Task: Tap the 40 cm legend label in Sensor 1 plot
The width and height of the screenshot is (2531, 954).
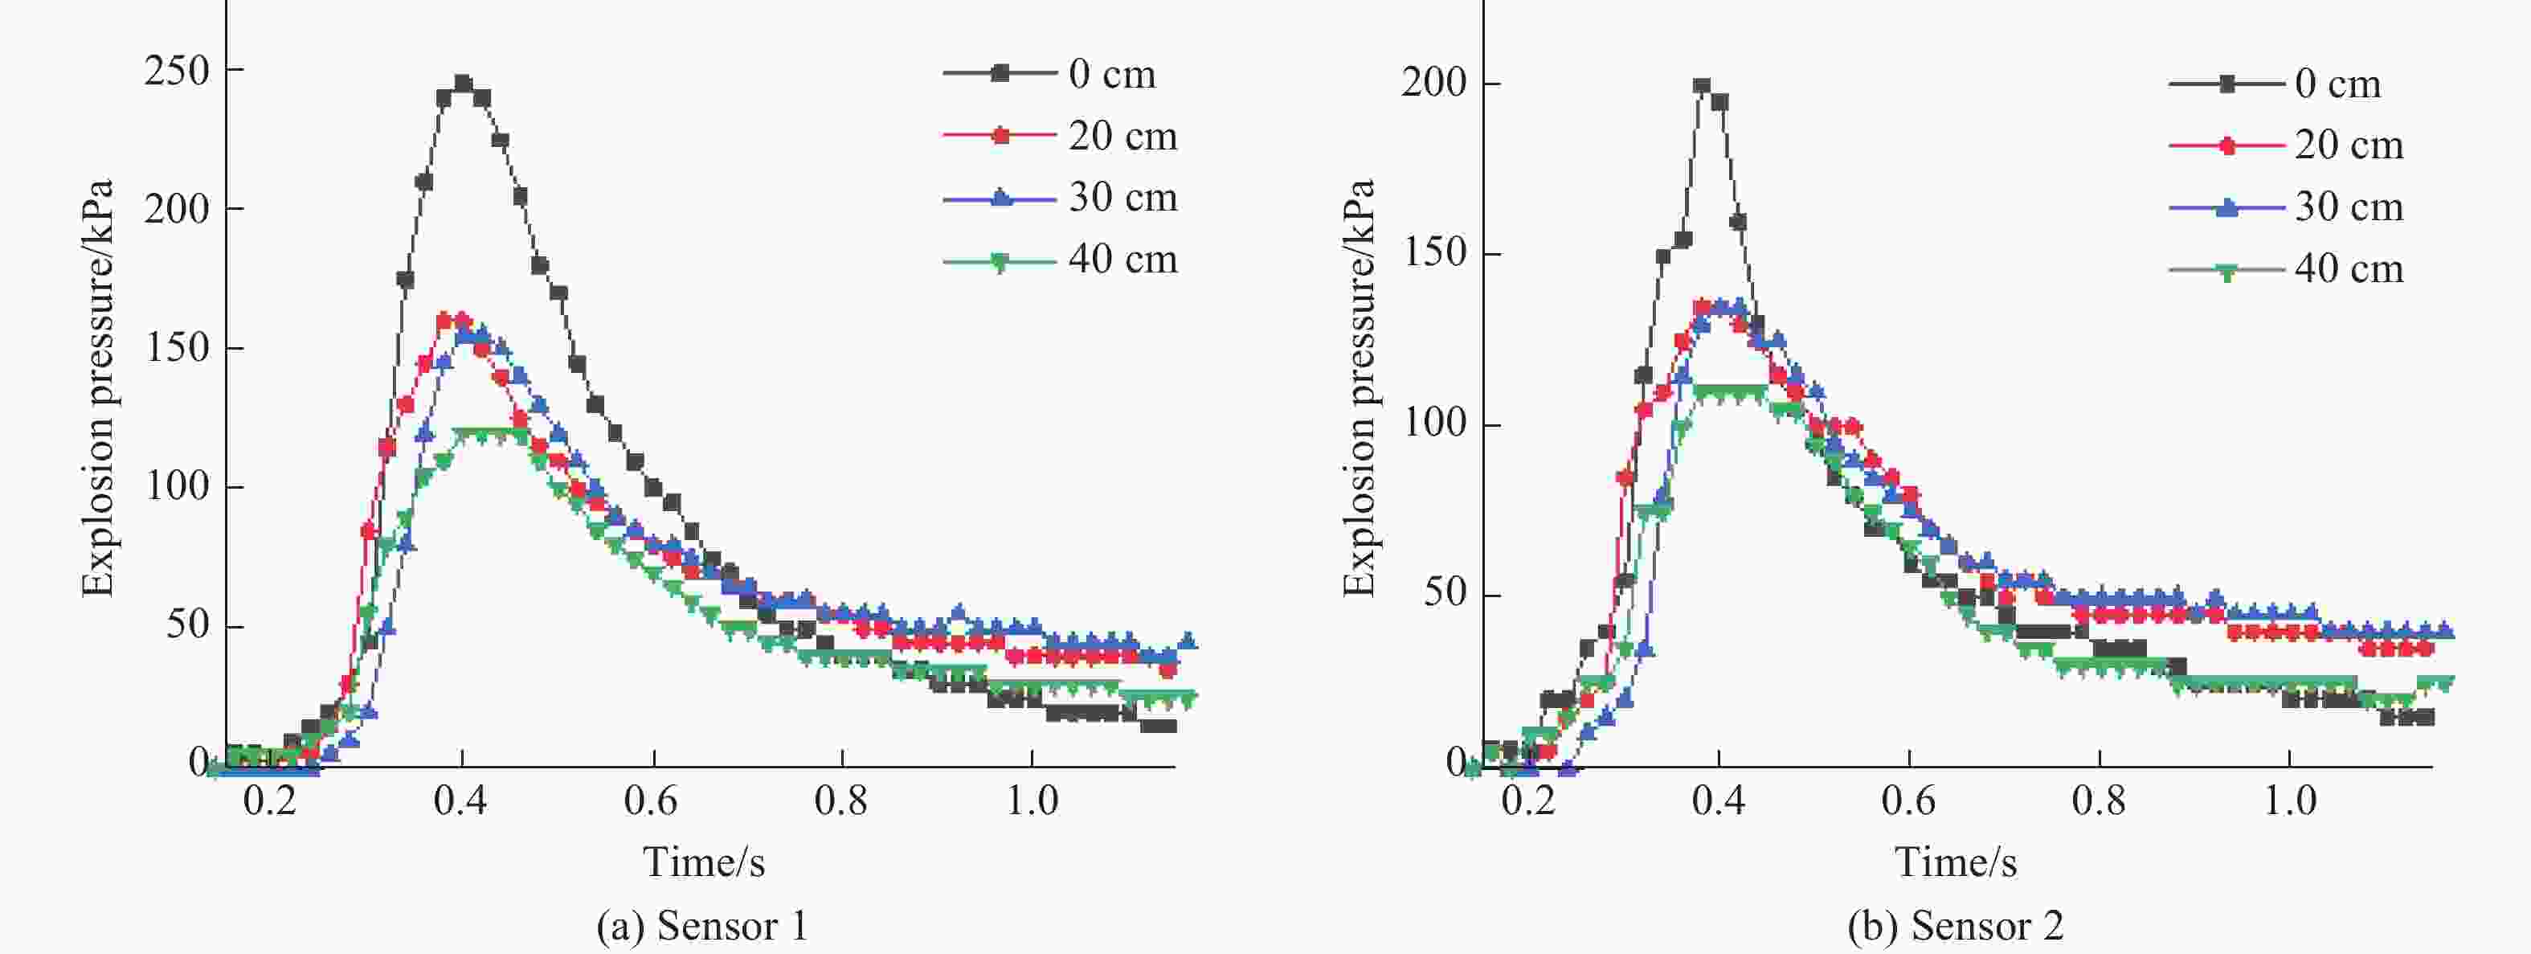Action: tap(1123, 260)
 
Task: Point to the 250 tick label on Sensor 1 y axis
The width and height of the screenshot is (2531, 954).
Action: tap(177, 71)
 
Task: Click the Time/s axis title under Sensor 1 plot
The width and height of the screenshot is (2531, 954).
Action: tap(704, 862)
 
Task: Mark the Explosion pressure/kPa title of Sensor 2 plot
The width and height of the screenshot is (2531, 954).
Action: tap(1359, 388)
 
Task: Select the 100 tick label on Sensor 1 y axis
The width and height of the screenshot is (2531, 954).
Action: tap(177, 486)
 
